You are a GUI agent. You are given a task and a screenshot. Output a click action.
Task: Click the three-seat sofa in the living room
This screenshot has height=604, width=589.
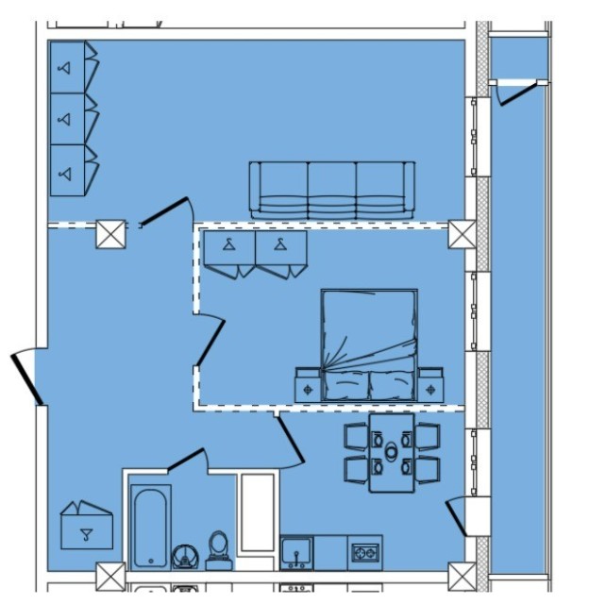tap(331, 190)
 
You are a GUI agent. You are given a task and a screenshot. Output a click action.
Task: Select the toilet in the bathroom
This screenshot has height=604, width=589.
tap(218, 549)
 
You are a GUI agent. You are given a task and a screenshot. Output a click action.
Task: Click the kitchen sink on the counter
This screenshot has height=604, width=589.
tap(296, 552)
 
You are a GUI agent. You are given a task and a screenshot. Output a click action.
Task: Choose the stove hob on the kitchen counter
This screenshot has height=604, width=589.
tap(364, 552)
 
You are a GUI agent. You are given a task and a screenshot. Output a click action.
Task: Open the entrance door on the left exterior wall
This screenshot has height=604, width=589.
tap(25, 378)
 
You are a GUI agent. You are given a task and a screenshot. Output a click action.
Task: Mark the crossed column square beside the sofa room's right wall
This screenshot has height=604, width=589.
tap(462, 234)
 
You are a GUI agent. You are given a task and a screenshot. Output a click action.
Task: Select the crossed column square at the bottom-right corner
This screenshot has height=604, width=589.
tap(462, 576)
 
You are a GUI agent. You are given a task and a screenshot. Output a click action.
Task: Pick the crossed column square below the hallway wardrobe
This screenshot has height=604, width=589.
tap(110, 576)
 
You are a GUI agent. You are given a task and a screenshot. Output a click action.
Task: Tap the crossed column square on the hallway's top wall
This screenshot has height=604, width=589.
tap(110, 233)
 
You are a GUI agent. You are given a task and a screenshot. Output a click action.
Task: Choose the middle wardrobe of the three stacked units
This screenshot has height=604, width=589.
tap(72, 119)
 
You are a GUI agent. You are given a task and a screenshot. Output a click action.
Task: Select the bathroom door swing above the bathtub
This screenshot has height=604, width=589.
tap(185, 461)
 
